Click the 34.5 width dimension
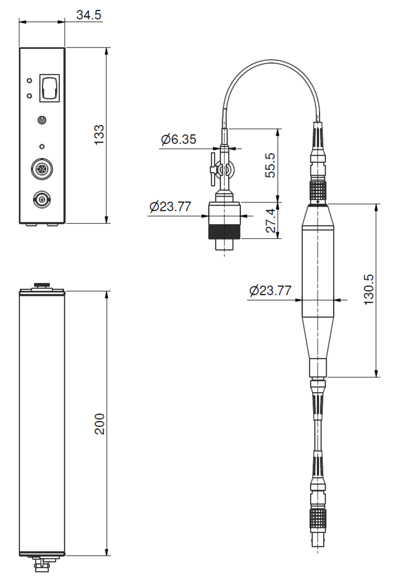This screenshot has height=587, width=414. pyautogui.click(x=89, y=15)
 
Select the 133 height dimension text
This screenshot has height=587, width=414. pyautogui.click(x=99, y=135)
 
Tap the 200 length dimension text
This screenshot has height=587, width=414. pyautogui.click(x=100, y=424)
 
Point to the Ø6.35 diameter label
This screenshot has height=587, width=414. pyautogui.click(x=178, y=139)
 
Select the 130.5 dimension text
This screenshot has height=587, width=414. pyautogui.click(x=369, y=289)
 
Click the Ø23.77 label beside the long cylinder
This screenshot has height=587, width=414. pyautogui.click(x=270, y=291)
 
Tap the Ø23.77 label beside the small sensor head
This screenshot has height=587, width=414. pyautogui.click(x=170, y=206)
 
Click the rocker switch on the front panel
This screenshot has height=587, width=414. pyautogui.click(x=50, y=87)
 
